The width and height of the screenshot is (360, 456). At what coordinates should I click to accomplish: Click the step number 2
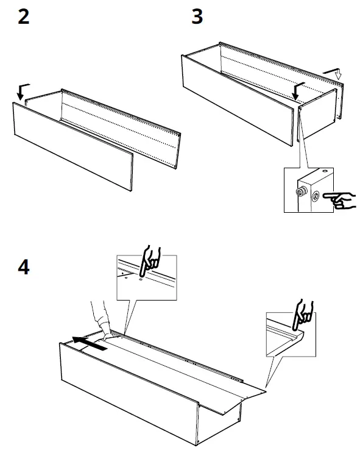(x=23, y=16)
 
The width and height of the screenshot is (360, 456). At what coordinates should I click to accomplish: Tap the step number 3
(x=197, y=16)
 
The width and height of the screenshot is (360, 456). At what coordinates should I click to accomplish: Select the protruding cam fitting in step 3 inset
(x=302, y=193)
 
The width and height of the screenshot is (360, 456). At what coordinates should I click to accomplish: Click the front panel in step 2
(x=73, y=146)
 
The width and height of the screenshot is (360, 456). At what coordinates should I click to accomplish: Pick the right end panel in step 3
(x=317, y=116)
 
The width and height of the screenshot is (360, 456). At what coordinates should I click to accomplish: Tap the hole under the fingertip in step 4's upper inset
(x=141, y=282)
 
